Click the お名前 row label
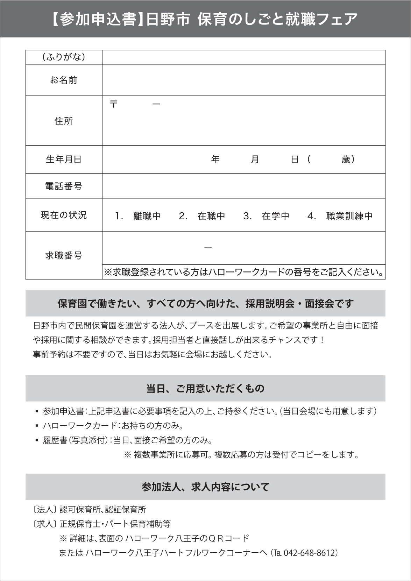point(64,80)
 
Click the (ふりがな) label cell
point(64,57)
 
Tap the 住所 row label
point(64,121)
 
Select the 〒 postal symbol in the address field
point(114,104)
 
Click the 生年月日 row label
point(64,160)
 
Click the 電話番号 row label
point(64,186)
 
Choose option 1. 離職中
point(138,216)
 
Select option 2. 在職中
point(202,216)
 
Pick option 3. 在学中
point(266,216)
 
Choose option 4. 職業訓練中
point(340,216)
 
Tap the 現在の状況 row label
point(64,215)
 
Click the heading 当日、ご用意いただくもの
point(205,388)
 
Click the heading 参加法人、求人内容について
point(205,487)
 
